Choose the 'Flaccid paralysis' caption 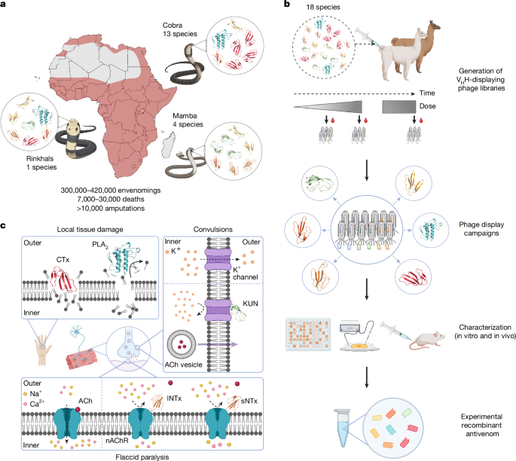(139, 455)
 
